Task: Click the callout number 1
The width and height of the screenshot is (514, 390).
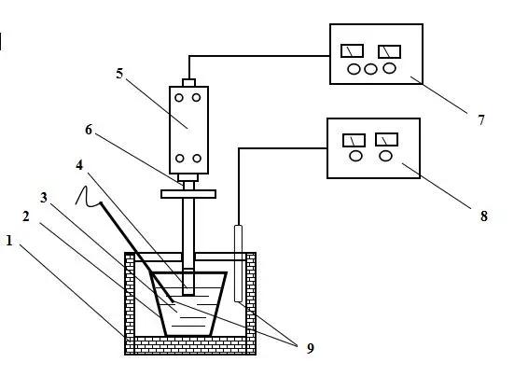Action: (9, 241)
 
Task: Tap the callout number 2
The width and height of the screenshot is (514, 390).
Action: (25, 216)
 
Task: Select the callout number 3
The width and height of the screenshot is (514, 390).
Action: (44, 198)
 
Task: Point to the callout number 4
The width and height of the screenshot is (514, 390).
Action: (79, 165)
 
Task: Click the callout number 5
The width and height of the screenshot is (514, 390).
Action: (119, 74)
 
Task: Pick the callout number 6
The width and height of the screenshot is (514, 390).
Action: (89, 130)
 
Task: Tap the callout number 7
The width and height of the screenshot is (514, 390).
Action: (481, 120)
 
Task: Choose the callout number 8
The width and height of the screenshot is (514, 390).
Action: (484, 216)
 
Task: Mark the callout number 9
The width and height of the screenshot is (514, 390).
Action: (310, 348)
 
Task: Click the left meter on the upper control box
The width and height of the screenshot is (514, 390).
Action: (352, 50)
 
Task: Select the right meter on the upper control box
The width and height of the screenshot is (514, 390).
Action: (389, 51)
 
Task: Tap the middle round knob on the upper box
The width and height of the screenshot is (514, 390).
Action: (370, 69)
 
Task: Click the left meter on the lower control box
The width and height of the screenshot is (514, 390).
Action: (354, 140)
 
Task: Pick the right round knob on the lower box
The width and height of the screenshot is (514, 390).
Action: (386, 155)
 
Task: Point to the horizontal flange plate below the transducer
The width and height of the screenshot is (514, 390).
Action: (188, 194)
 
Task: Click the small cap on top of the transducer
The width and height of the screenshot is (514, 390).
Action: (188, 83)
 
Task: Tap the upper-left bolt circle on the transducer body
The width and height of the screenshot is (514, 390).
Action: (179, 97)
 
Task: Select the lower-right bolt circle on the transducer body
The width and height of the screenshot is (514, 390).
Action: (197, 159)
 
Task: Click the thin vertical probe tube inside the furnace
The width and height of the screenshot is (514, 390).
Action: (239, 263)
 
